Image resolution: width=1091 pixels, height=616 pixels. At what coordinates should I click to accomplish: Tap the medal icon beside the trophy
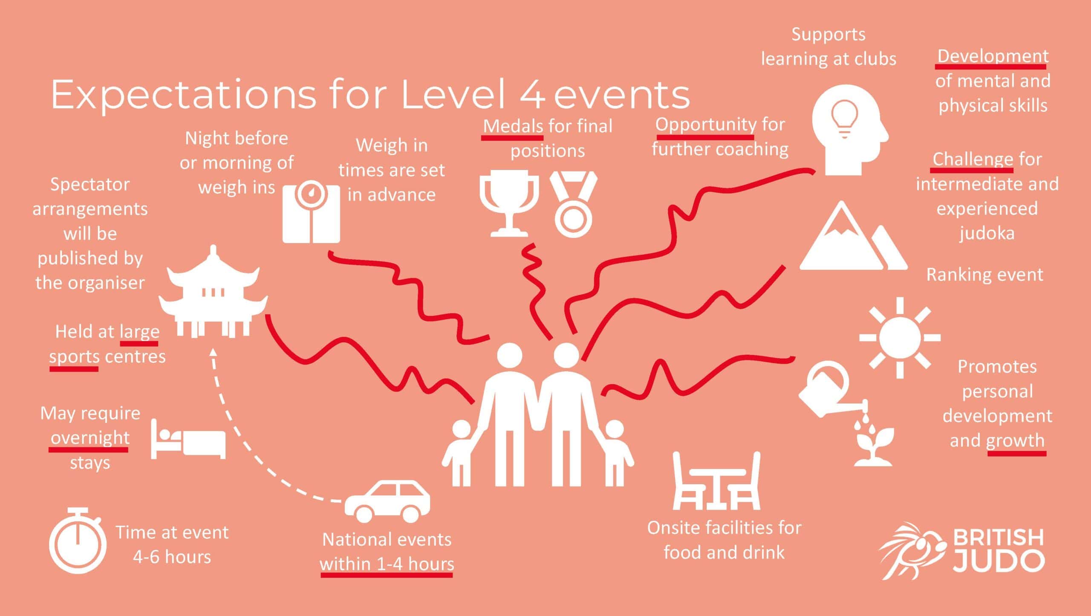(574, 205)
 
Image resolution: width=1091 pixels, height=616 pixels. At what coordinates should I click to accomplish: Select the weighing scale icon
(311, 213)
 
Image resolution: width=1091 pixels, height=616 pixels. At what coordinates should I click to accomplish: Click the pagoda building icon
(213, 294)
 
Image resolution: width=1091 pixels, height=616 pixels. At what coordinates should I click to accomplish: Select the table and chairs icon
(716, 482)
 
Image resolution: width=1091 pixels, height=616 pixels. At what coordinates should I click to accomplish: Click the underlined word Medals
(513, 126)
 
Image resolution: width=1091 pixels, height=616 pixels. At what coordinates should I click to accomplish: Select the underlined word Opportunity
(705, 124)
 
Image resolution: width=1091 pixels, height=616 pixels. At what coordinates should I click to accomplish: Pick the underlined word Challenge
(972, 159)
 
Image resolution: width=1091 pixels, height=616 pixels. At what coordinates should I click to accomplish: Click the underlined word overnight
(90, 438)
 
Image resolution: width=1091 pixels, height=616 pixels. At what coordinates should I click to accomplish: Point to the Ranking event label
(984, 275)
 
